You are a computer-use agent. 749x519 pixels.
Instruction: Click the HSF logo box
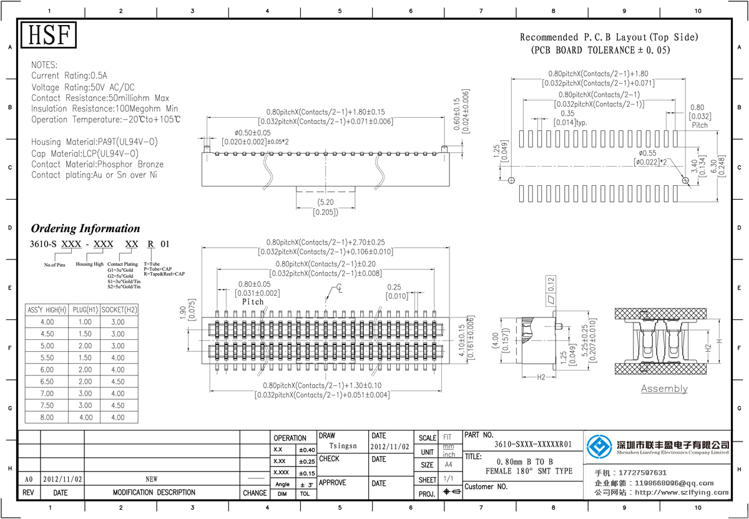[49, 35]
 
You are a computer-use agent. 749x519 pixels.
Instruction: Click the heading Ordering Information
[86, 228]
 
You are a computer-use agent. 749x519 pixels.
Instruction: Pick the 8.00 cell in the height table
[47, 417]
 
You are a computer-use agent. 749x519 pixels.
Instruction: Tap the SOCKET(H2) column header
[119, 310]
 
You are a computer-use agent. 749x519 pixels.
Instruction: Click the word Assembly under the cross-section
[664, 389]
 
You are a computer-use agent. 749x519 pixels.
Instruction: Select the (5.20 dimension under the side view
[325, 203]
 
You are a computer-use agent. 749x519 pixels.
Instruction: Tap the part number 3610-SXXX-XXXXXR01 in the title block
[532, 445]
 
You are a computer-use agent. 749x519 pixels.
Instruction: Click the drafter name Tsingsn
[343, 446]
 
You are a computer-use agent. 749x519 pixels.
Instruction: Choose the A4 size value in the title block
[448, 465]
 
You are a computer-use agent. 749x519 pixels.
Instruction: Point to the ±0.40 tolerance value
[306, 450]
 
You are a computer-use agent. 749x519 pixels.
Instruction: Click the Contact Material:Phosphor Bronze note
[97, 165]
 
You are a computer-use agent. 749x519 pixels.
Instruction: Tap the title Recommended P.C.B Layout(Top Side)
[609, 37]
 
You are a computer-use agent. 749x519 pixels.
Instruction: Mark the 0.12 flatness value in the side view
[551, 284]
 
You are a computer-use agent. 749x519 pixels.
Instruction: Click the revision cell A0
[28, 480]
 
